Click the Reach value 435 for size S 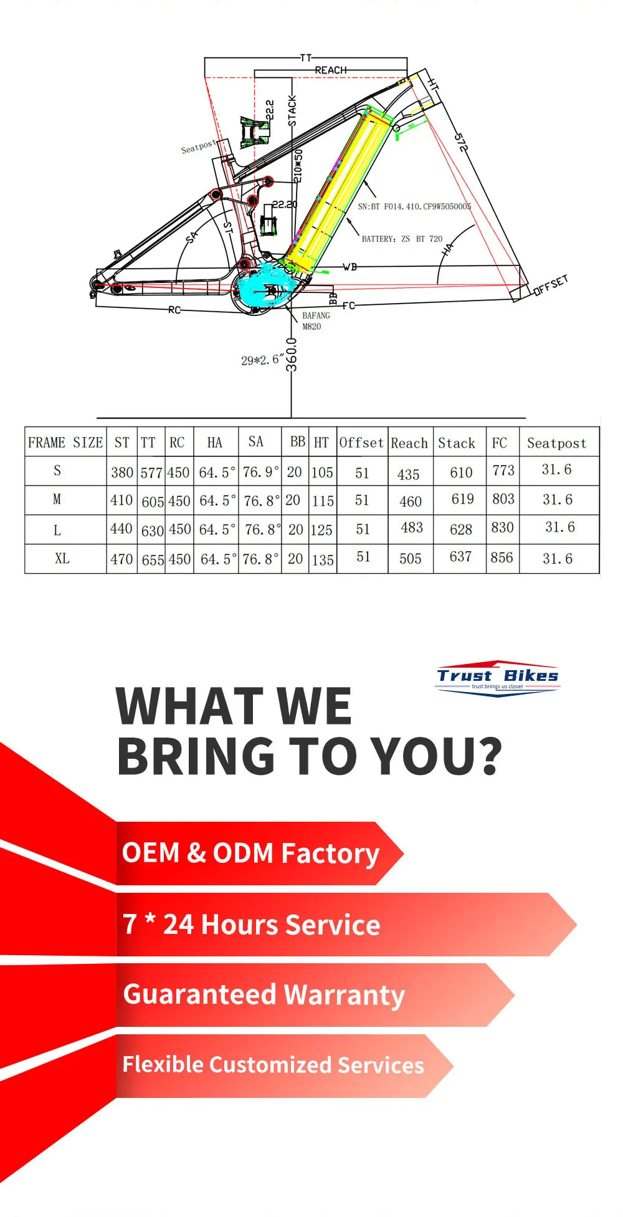click(408, 474)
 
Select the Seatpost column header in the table click(556, 443)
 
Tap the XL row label click(62, 559)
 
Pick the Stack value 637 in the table click(460, 557)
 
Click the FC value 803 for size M click(503, 499)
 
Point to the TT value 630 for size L click(152, 531)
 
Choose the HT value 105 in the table click(322, 473)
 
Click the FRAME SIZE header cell click(65, 443)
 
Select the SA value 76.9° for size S click(260, 472)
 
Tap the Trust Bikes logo click(497, 678)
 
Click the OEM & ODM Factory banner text click(250, 854)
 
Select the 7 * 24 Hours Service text click(251, 925)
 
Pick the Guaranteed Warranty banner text click(264, 995)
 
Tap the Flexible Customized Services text click(273, 1065)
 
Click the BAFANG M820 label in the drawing click(315, 320)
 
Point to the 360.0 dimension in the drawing click(291, 355)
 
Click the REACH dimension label click(330, 70)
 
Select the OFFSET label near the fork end click(551, 285)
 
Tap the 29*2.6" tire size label click(262, 360)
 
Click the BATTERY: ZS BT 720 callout click(402, 239)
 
